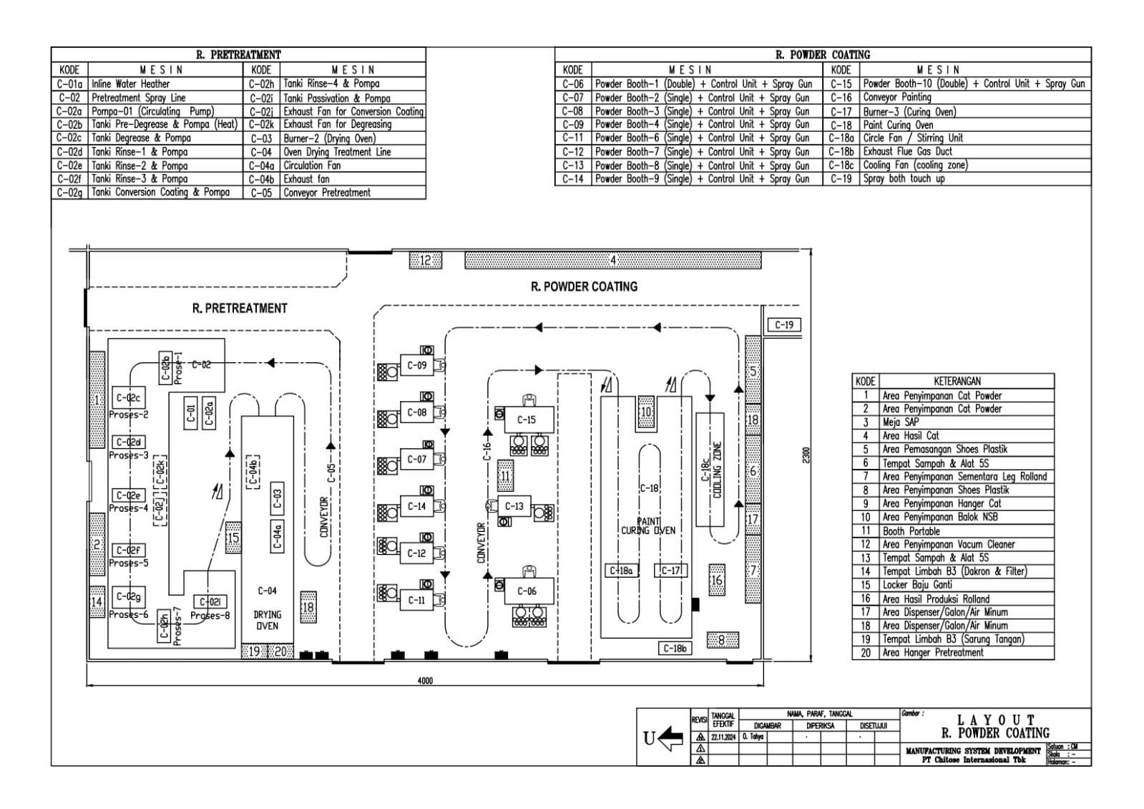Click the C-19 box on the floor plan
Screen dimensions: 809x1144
[783, 325]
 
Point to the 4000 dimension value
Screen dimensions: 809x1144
[425, 681]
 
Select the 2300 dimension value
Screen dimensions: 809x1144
[806, 455]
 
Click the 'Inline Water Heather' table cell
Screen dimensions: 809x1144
[130, 84]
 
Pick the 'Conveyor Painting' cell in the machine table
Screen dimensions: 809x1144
[897, 97]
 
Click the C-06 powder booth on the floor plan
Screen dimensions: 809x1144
[527, 591]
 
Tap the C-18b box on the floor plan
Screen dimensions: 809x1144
[675, 649]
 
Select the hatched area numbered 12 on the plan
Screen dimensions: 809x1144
[425, 261]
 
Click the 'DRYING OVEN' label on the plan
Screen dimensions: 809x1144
[267, 620]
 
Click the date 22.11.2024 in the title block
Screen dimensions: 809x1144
[723, 737]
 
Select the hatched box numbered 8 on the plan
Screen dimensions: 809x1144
[722, 640]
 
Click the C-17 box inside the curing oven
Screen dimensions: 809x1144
[670, 571]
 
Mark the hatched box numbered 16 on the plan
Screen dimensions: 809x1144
[716, 580]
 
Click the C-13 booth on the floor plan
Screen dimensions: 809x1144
[514, 506]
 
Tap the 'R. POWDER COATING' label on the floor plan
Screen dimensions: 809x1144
[584, 286]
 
